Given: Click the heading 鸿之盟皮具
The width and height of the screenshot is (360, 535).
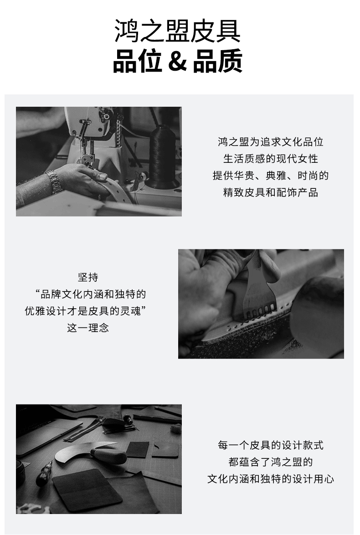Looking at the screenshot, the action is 178,31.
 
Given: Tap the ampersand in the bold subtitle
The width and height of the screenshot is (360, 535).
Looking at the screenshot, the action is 178,61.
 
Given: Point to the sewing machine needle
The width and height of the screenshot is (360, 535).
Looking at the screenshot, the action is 83,150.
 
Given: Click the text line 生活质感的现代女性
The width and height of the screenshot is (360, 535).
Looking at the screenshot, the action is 271,159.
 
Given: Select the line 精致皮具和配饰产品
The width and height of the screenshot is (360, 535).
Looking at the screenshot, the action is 271,192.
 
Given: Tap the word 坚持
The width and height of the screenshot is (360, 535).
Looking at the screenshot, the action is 88,277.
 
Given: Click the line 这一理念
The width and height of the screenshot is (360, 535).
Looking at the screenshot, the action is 88,328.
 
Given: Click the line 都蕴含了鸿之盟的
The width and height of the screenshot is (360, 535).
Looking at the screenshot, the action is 271,462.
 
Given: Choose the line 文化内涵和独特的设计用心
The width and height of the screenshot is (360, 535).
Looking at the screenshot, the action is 271,479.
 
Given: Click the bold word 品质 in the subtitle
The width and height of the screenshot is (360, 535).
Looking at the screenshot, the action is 218,61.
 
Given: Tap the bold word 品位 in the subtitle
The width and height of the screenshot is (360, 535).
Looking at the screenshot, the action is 137,61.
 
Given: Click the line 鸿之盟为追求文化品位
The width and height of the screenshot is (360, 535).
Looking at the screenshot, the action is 271,141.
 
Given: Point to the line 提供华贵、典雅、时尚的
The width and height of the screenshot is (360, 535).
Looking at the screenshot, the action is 271,176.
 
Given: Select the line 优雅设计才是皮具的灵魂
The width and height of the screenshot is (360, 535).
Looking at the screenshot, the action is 83,311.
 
